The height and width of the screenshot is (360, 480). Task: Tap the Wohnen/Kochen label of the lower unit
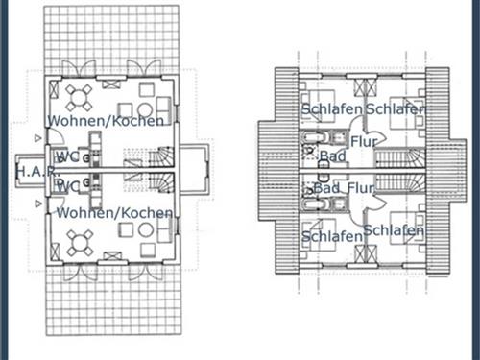point(115,212)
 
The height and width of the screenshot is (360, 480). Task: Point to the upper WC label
point(67,156)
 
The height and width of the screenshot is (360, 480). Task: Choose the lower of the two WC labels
point(67,187)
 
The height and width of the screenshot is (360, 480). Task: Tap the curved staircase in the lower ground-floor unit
point(161,184)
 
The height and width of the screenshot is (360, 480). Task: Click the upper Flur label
point(364,141)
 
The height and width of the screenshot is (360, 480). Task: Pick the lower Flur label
point(359,187)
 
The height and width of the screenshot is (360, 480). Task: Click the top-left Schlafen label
point(331,109)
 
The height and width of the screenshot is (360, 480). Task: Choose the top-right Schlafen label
point(395,109)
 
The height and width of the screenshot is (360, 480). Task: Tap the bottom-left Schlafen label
point(331,236)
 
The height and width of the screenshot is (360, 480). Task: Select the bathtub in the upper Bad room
point(312,142)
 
